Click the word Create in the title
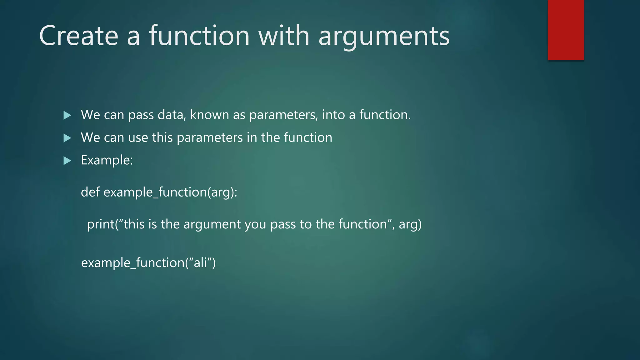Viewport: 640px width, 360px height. tap(78, 36)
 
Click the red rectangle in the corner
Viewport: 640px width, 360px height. tap(566, 30)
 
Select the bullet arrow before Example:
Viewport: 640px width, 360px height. tap(67, 161)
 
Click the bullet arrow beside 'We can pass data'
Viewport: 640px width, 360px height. tap(67, 115)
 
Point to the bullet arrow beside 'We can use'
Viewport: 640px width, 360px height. tap(67, 138)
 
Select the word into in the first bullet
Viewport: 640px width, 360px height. tap(333, 115)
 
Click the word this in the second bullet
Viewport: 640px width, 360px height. tap(162, 137)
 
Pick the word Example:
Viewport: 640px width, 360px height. tap(107, 160)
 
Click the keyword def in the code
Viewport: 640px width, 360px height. tap(90, 192)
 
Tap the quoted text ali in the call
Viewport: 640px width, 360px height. tap(200, 262)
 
